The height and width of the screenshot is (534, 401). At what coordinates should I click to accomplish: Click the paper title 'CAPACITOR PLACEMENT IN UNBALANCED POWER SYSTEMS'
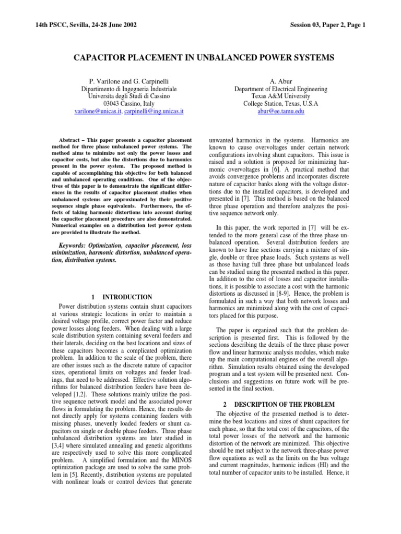click(200, 57)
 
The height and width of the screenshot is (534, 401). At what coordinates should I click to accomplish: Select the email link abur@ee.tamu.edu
click(280, 112)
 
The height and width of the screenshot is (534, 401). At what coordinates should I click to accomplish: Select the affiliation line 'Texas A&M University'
click(280, 96)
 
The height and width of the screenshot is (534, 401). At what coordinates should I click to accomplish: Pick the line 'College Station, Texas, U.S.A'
click(280, 104)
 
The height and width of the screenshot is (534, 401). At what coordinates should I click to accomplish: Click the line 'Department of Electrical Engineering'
click(280, 89)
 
